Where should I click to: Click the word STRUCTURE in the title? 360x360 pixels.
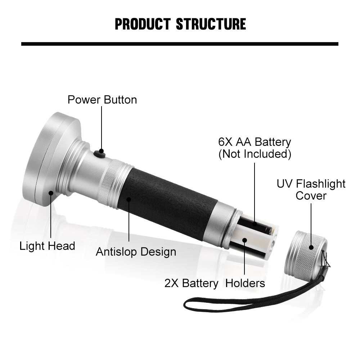211,24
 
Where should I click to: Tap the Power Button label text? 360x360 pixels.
102,100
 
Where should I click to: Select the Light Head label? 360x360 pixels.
47,246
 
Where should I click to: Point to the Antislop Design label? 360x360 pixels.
136,252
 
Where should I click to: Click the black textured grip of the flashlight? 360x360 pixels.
167,203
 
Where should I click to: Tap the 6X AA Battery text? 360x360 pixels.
255,142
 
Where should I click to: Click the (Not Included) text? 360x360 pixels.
255,154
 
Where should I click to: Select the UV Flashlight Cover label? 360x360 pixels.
311,190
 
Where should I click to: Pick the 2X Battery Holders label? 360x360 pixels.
215,283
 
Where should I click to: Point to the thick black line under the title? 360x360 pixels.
180,44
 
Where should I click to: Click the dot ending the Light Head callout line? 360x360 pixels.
51,193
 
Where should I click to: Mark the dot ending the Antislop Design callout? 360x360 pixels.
129,199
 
